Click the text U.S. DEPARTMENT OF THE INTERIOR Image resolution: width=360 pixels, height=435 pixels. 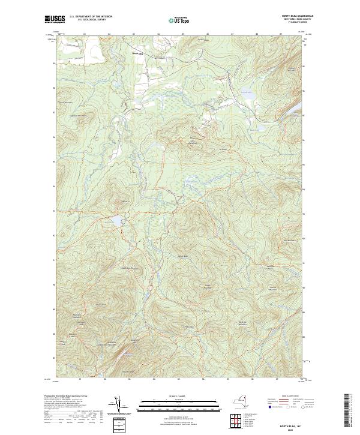[91, 16]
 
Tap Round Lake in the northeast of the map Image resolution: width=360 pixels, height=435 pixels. [247, 93]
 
